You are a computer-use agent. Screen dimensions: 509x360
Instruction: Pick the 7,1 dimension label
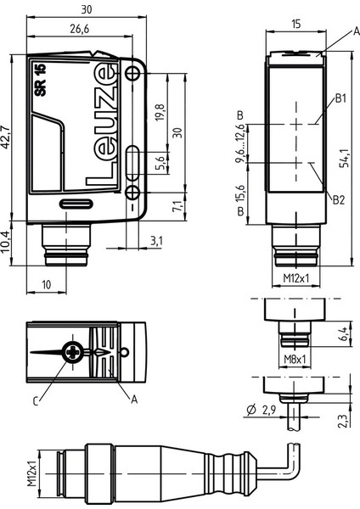pyautogui.click(x=176, y=205)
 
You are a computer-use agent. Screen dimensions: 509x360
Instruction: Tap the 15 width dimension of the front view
pyautogui.click(x=295, y=26)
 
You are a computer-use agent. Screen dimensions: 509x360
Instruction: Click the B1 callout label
pyautogui.click(x=340, y=98)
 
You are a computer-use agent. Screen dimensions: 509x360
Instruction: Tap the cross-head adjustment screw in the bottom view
pyautogui.click(x=75, y=351)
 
